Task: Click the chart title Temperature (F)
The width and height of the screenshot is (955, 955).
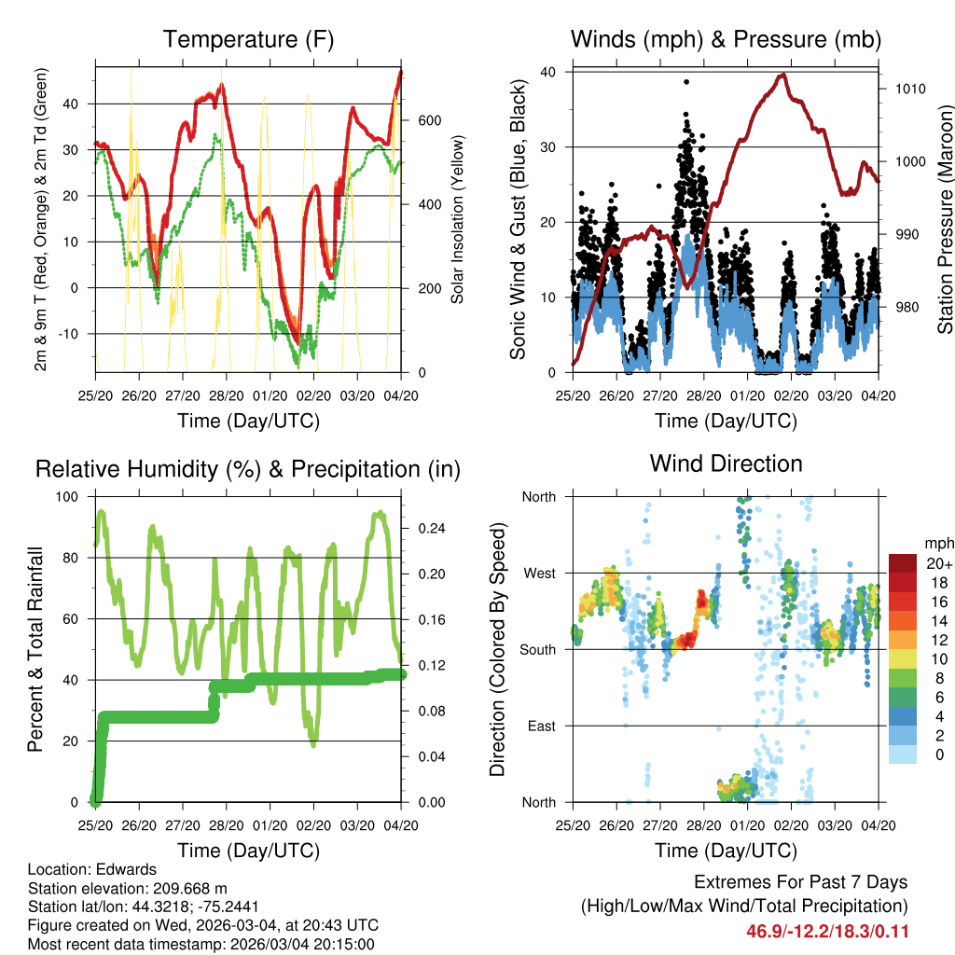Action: [x=248, y=40]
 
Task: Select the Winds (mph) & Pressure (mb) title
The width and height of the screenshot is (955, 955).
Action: [x=726, y=40]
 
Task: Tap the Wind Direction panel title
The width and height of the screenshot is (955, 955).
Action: [x=726, y=464]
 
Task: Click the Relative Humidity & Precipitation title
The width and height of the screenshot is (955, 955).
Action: [x=248, y=469]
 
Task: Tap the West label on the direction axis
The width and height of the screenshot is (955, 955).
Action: [x=538, y=573]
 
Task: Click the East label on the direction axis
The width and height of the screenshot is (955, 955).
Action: [x=540, y=726]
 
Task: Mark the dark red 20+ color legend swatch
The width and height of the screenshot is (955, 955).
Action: [x=902, y=563]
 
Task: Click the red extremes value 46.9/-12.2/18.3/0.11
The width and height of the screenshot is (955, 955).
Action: [x=827, y=932]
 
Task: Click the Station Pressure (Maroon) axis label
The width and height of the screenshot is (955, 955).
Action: [x=944, y=222]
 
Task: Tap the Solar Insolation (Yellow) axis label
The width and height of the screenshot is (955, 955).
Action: [x=458, y=221]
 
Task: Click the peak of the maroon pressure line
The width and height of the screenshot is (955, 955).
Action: [x=783, y=75]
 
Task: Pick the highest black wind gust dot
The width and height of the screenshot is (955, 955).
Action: [x=686, y=82]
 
